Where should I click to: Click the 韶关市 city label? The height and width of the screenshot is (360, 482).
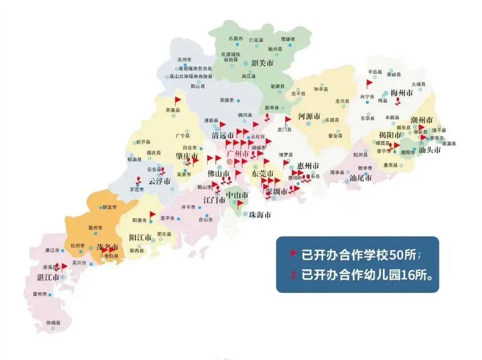(262, 63)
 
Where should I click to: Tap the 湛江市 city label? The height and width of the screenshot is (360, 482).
(48, 277)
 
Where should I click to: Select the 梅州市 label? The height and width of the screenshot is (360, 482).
(402, 93)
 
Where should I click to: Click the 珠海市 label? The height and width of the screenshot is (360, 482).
(260, 215)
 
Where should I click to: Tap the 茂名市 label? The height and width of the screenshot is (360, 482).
(108, 247)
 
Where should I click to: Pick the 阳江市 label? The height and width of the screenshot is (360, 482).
(141, 237)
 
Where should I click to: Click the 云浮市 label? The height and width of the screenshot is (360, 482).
(159, 182)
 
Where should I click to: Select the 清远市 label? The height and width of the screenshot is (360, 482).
(223, 135)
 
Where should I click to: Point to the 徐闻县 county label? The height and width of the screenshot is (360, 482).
(53, 322)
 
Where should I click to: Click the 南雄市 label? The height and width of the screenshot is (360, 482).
(288, 39)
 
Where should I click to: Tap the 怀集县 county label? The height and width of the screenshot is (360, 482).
(173, 110)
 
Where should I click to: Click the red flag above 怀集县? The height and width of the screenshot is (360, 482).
(178, 100)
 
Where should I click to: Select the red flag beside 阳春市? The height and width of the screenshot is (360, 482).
(152, 215)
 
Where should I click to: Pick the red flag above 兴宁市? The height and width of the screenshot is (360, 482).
(369, 83)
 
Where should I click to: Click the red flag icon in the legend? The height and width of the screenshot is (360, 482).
(293, 253)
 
